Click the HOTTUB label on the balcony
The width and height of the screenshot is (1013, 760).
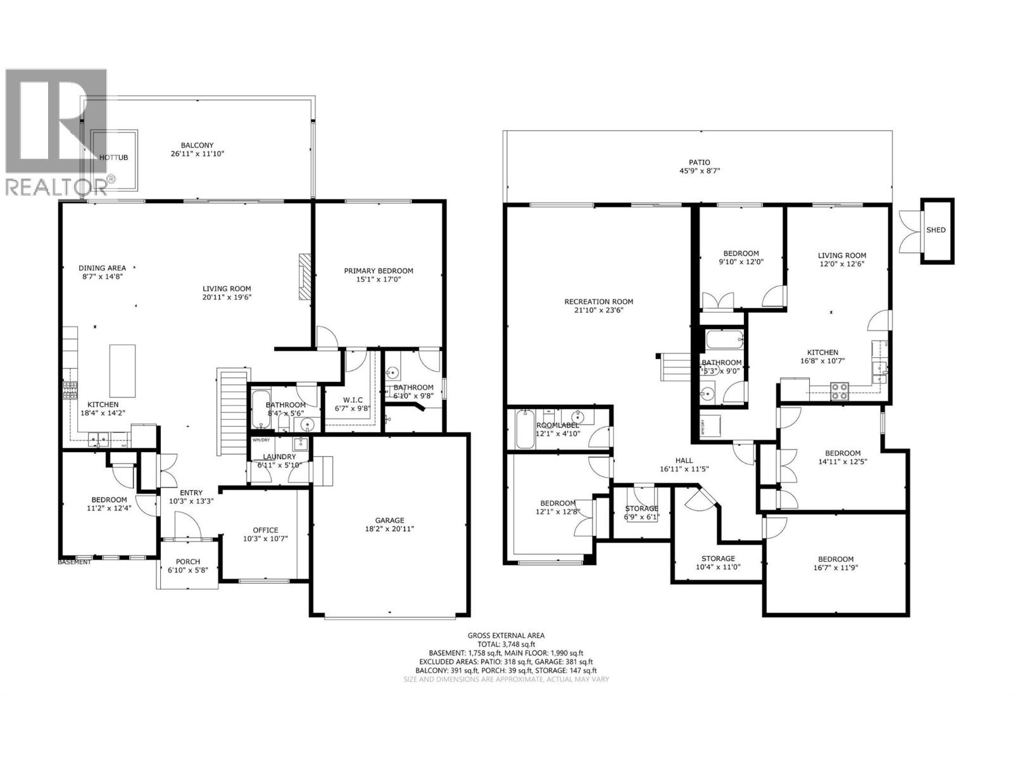[114, 157]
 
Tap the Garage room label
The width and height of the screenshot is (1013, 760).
[389, 521]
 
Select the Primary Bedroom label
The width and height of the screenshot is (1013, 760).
[378, 271]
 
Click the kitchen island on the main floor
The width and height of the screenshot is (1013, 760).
[122, 370]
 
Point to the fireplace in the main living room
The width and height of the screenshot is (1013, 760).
[306, 276]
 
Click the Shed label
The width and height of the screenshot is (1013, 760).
[936, 230]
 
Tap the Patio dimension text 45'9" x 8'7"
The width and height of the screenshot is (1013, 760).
[700, 171]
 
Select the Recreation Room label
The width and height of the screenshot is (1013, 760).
[598, 302]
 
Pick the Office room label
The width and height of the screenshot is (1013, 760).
[265, 530]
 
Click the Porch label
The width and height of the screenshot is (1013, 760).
[188, 562]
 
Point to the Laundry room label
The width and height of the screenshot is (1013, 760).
[279, 457]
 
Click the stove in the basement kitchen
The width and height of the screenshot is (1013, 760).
[840, 391]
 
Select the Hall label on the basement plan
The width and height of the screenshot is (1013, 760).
[684, 460]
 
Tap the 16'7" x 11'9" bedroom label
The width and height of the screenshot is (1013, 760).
[836, 559]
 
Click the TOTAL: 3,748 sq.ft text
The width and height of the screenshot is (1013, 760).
[506, 644]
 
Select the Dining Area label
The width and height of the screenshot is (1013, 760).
[102, 268]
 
